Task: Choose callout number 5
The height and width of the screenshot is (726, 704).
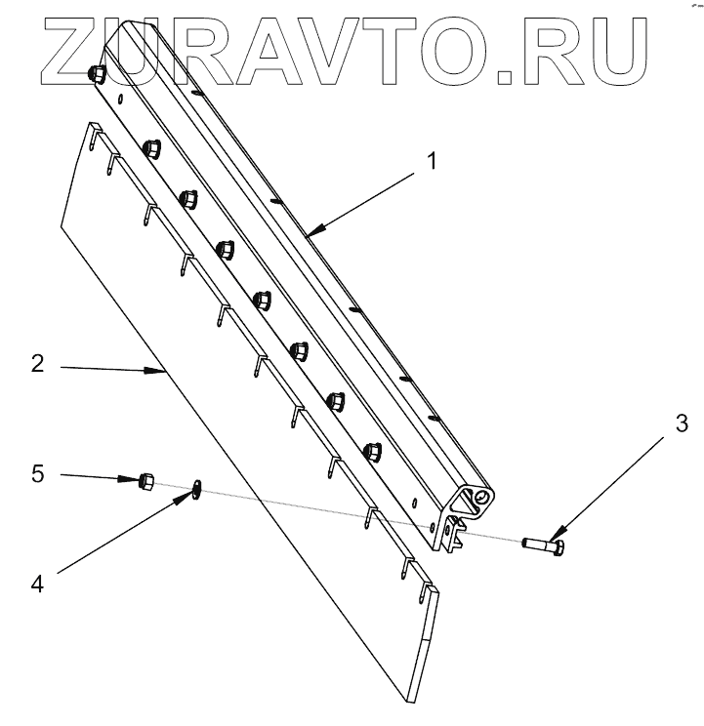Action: coord(38,475)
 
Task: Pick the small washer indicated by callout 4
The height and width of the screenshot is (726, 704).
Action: coord(197,488)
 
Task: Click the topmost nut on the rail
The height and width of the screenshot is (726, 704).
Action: coord(98,75)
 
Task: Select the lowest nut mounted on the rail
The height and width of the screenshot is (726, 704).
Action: coord(371,453)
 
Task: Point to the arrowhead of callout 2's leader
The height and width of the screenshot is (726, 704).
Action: coord(166,372)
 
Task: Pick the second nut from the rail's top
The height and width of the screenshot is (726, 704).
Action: coord(151,149)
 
